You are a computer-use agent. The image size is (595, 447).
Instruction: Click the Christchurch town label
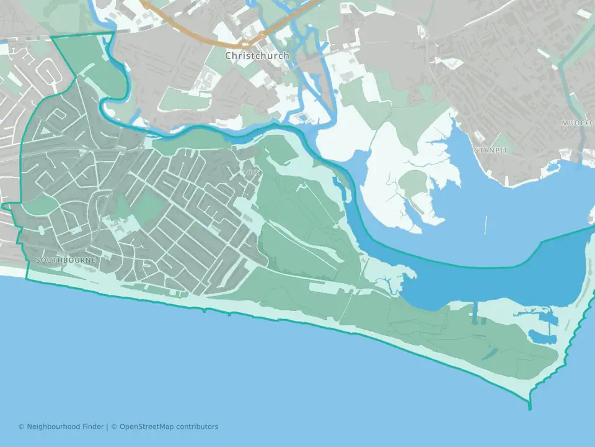point(257,56)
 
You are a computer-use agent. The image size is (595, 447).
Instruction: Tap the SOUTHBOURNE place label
point(66,260)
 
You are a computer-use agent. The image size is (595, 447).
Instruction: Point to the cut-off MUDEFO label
point(578,123)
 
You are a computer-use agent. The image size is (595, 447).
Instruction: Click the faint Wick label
point(252,171)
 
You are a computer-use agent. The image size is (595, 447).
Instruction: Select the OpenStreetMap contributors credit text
point(169,427)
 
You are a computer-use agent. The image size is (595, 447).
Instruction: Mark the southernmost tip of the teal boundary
point(530,409)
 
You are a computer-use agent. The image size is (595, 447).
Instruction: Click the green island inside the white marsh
point(414,183)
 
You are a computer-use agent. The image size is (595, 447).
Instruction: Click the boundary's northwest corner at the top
point(51,38)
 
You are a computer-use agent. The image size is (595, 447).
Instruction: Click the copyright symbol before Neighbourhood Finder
point(21,427)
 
